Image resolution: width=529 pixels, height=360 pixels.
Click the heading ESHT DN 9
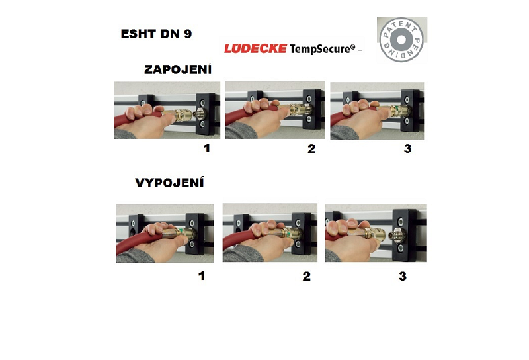coord(156,34)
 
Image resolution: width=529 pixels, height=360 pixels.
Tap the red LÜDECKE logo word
coord(256,48)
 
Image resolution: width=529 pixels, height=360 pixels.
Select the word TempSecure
coord(322,48)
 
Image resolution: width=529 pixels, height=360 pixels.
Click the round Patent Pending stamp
coord(401,40)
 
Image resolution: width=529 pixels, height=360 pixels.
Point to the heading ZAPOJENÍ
coord(178,69)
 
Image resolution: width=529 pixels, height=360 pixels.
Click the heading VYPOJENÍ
coord(169,183)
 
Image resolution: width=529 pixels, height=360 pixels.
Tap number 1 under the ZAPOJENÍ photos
coord(206,148)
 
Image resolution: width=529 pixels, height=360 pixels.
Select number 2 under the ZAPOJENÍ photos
coord(311,149)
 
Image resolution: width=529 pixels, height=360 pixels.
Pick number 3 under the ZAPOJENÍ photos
coord(407,149)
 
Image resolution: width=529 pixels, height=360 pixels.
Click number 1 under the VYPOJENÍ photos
coord(202,276)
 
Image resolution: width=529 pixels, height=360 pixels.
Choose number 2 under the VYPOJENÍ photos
coord(306,276)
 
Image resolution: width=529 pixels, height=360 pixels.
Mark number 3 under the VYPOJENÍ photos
coord(403,276)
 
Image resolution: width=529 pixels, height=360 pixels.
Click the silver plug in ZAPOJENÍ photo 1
coord(200,114)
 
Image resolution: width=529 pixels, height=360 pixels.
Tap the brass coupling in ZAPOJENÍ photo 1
coord(178,115)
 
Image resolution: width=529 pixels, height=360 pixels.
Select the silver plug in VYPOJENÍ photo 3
coord(395,235)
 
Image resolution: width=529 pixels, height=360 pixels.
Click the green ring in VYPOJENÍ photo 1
coord(181,231)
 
